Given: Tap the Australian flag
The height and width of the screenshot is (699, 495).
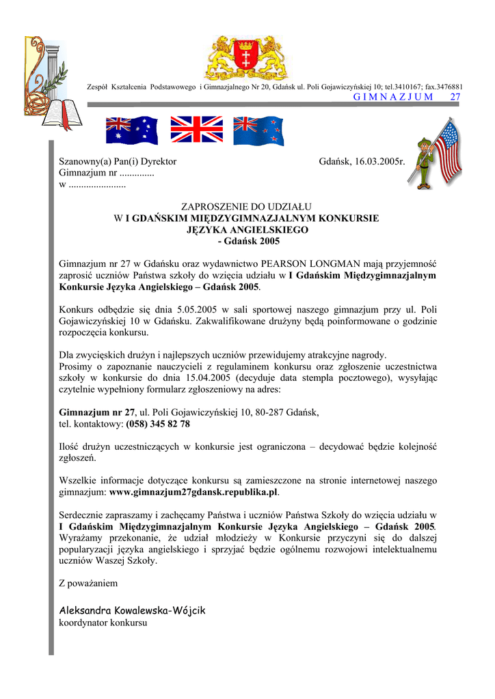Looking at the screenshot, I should pos(131,130).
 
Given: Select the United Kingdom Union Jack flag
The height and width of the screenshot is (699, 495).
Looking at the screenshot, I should pos(196,129).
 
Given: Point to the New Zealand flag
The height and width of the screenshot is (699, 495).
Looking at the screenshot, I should pos(258,130).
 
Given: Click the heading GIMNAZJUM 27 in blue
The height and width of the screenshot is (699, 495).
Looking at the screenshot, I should pos(407,97).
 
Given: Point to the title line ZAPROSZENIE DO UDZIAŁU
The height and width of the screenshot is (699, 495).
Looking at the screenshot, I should pos(247,206).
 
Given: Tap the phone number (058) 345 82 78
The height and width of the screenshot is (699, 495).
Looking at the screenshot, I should pos(158,424).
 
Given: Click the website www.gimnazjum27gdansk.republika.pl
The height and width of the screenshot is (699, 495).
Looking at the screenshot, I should pos(193,491).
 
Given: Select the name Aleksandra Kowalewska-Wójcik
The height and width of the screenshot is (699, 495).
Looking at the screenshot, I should pos(132,610).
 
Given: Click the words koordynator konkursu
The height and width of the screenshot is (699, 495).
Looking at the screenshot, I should pos(103,623).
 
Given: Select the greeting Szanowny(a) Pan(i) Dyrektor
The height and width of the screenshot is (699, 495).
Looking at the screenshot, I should pos(118,162).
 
